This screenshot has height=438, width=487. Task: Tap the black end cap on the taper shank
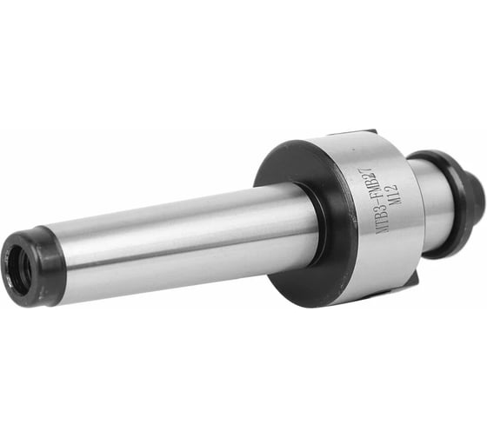(33, 267)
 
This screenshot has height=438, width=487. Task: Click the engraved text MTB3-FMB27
(374, 202)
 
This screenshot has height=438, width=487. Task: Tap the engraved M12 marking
(390, 195)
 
